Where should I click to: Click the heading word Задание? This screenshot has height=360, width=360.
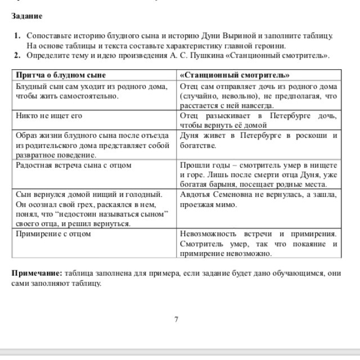[x=27, y=16]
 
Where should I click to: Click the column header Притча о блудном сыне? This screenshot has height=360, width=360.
[x=61, y=75]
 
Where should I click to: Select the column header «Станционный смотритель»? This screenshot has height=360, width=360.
[x=235, y=75]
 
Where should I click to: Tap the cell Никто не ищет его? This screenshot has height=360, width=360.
[x=49, y=116]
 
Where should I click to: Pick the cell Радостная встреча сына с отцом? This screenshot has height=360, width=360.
[x=73, y=165]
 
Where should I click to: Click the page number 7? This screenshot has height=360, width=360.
[x=176, y=319]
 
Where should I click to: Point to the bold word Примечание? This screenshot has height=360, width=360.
[x=37, y=273]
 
